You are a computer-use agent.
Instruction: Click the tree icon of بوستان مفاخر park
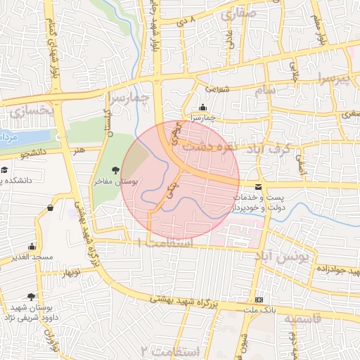115,170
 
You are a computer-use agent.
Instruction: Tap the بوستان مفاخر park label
115,181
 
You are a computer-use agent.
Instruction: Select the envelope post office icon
258,187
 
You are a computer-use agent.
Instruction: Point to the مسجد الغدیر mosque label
32,257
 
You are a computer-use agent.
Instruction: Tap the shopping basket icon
50,207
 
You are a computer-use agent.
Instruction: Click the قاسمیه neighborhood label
302,319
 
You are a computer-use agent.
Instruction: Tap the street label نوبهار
70,271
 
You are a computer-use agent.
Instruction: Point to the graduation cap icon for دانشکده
4,170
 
